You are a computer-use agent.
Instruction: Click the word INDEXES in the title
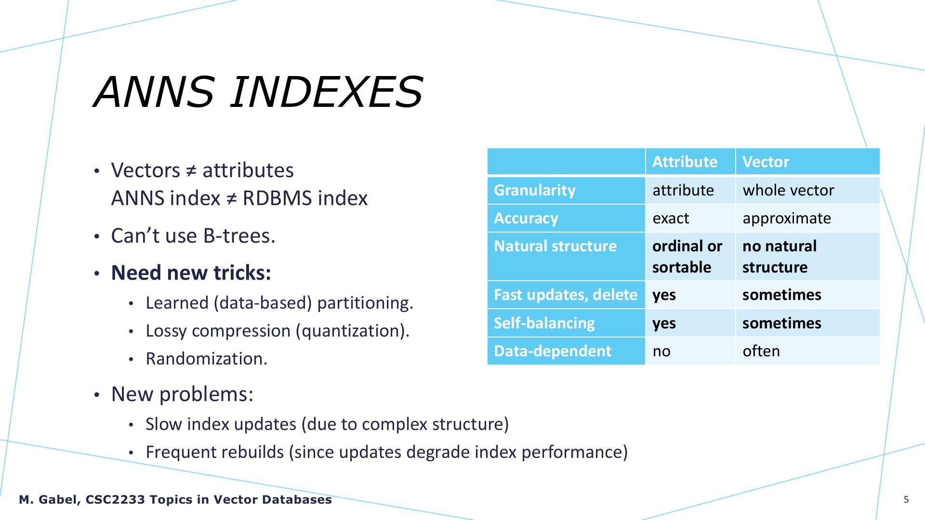click(326, 91)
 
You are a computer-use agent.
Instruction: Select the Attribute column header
click(685, 162)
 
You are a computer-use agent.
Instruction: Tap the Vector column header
click(766, 162)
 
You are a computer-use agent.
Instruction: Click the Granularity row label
click(535, 191)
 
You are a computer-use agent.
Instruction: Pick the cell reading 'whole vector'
click(788, 190)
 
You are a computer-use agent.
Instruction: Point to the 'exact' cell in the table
click(671, 219)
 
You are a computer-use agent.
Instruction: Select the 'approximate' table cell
click(787, 219)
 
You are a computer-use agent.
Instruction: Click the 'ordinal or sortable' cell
click(687, 257)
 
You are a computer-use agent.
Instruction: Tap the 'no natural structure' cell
click(780, 257)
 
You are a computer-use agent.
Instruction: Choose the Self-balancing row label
click(544, 323)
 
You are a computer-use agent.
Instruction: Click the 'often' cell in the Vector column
click(761, 351)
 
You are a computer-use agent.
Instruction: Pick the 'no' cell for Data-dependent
click(661, 351)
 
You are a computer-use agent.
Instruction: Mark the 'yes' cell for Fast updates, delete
click(664, 295)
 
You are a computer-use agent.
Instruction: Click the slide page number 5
click(906, 499)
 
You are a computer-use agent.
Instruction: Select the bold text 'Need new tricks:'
click(191, 273)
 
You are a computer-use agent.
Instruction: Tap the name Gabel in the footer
click(58, 500)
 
